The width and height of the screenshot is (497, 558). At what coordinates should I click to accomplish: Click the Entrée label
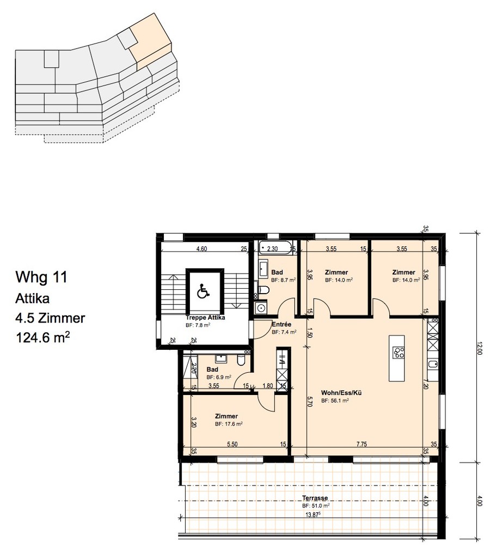click(281, 324)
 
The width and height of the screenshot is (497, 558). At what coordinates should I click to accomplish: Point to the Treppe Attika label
click(206, 317)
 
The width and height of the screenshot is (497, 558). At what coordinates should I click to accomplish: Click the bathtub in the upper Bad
click(275, 249)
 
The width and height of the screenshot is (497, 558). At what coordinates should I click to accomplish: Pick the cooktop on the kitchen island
click(398, 353)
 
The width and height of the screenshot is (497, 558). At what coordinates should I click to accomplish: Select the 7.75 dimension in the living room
click(361, 444)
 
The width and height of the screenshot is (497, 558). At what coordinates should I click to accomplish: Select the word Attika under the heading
click(34, 298)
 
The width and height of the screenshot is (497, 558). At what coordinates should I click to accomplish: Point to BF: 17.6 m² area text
click(229, 423)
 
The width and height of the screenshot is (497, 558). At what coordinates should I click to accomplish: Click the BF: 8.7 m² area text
click(284, 280)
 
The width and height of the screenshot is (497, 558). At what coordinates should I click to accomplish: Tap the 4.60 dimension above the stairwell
click(201, 249)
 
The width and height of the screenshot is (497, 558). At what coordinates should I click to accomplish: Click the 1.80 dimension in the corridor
click(267, 386)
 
